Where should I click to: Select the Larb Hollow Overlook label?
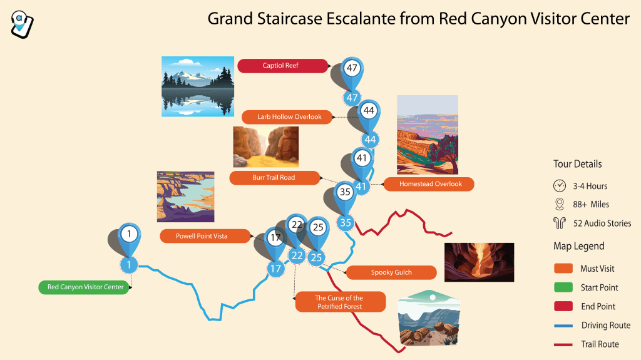tap(289, 117)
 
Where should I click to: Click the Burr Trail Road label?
tap(273, 178)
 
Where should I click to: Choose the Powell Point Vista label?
tap(202, 236)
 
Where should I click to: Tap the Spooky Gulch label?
tap(391, 272)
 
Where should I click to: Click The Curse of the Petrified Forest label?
tap(340, 302)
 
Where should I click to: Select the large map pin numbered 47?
tap(352, 69)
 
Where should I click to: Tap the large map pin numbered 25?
tap(318, 228)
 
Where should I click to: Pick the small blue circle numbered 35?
tap(346, 222)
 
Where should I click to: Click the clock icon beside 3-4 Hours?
tap(560, 186)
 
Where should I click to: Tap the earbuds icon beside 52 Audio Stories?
tap(560, 223)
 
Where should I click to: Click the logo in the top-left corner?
tap(23, 23)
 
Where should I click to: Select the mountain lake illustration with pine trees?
tap(198, 86)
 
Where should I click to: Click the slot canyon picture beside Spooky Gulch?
tap(479, 262)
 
